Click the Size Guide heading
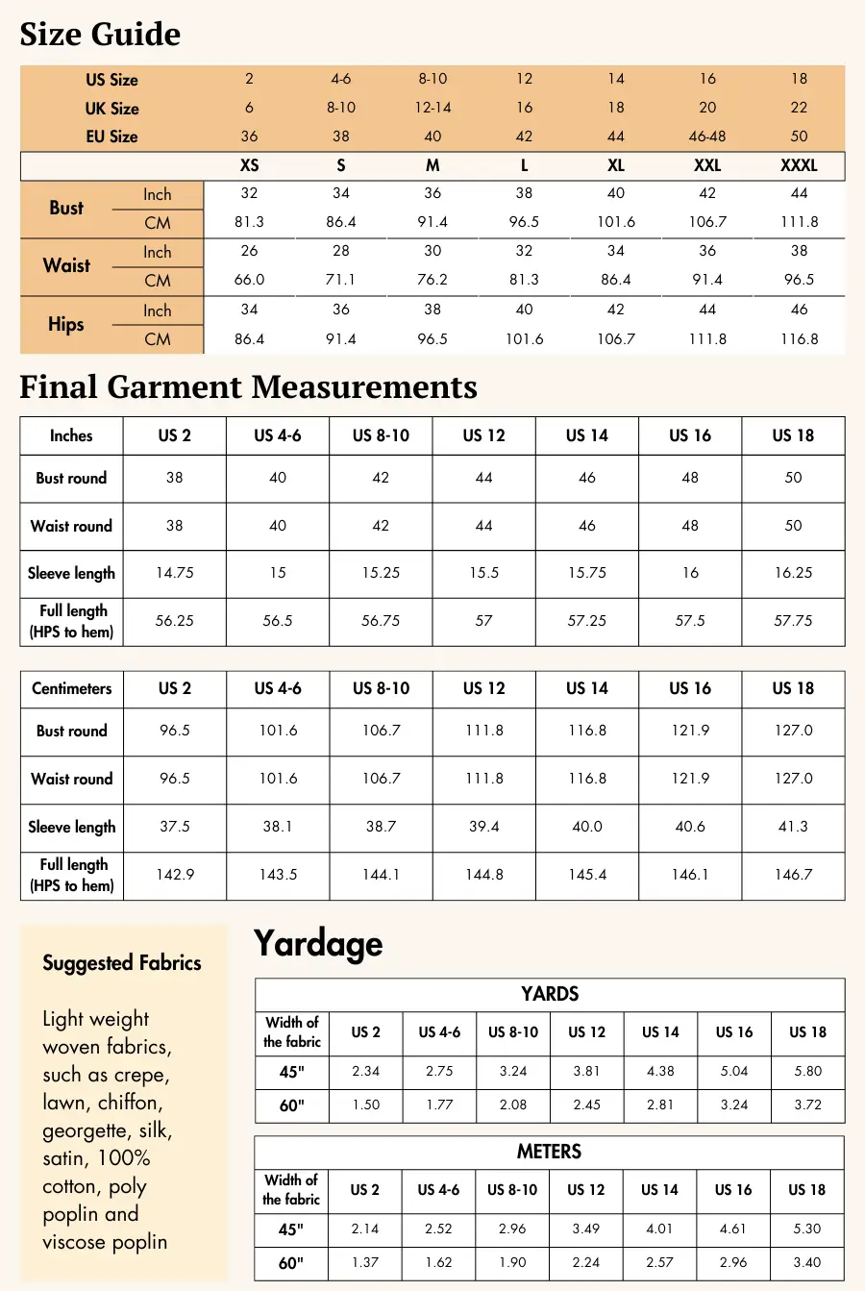pos(100,35)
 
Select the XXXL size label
pos(799,165)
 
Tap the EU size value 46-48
pos(707,137)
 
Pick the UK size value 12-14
pos(432,108)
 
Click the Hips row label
pos(66,324)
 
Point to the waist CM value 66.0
pos(249,280)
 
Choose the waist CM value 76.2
pos(432,280)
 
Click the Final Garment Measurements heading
pos(248,386)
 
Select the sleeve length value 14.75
pos(175,573)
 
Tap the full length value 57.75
pos(793,621)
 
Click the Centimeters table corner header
pos(72,688)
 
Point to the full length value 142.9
pos(175,875)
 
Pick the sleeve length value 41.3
pos(793,827)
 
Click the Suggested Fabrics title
pos(122,963)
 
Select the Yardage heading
pos(318,944)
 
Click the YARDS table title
pos(550,994)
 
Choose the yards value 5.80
pos(808,1071)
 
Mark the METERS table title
pos(549,1152)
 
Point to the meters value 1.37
pos(365,1262)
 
